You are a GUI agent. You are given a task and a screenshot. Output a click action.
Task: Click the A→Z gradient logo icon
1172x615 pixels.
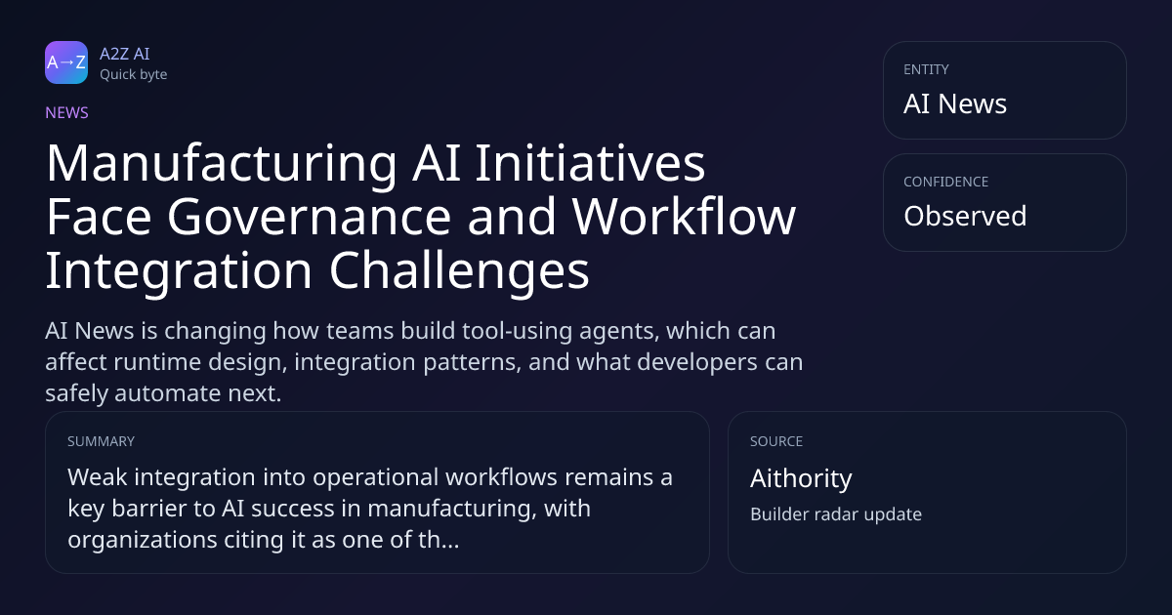pyautogui.click(x=66, y=62)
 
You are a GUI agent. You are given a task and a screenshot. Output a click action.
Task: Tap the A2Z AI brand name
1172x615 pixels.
pyautogui.click(x=125, y=54)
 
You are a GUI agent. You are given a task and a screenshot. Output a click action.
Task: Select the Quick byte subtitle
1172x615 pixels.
pyautogui.click(x=134, y=75)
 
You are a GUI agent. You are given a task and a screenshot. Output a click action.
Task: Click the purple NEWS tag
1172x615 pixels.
pyautogui.click(x=66, y=112)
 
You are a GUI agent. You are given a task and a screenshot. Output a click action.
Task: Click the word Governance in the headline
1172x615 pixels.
pyautogui.click(x=310, y=217)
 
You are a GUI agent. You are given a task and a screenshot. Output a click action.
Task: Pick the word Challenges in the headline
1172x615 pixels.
pyautogui.click(x=459, y=271)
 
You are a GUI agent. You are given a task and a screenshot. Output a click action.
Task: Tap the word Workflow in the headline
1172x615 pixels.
pyautogui.click(x=684, y=217)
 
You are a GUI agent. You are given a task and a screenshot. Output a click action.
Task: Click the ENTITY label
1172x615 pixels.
pyautogui.click(x=926, y=69)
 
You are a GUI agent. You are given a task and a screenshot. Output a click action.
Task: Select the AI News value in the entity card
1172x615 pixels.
pyautogui.click(x=955, y=103)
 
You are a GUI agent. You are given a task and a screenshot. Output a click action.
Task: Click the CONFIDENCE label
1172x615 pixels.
pyautogui.click(x=946, y=182)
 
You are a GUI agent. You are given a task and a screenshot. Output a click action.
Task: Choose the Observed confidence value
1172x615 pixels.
pyautogui.click(x=965, y=216)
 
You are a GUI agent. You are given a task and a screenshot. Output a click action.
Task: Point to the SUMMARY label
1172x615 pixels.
pyautogui.click(x=101, y=441)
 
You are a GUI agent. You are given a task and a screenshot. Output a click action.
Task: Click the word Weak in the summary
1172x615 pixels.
pyautogui.click(x=98, y=477)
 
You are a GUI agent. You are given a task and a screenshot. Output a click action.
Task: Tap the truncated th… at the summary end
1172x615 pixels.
pyautogui.click(x=439, y=539)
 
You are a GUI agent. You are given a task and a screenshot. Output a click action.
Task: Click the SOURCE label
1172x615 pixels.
pyautogui.click(x=776, y=441)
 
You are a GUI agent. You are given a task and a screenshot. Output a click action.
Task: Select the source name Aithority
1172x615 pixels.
pyautogui.click(x=801, y=478)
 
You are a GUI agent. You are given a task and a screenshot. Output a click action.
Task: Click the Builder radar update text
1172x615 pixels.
pyautogui.click(x=836, y=514)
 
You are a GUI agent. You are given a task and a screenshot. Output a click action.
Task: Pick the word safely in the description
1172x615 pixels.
pyautogui.click(x=76, y=393)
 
